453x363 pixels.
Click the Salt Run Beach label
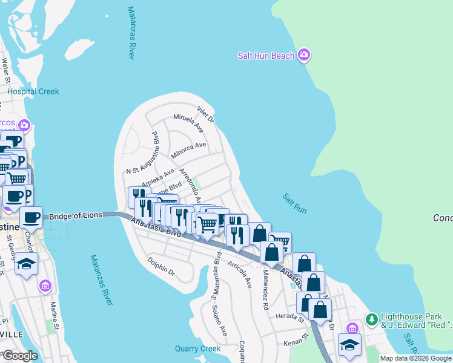pos(266,56)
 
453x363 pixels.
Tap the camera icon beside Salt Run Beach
pos(304,56)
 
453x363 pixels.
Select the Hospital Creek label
pos(33,91)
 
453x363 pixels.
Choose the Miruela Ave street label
pos(188,122)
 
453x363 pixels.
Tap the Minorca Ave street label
pos(188,149)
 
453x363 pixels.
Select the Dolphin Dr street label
pos(161,266)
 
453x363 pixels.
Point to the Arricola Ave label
pos(240,273)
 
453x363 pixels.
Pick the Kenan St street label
pos(297,343)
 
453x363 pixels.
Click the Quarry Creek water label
pos(197,348)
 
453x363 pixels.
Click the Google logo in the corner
pos(19,356)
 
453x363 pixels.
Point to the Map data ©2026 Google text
pos(415,358)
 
